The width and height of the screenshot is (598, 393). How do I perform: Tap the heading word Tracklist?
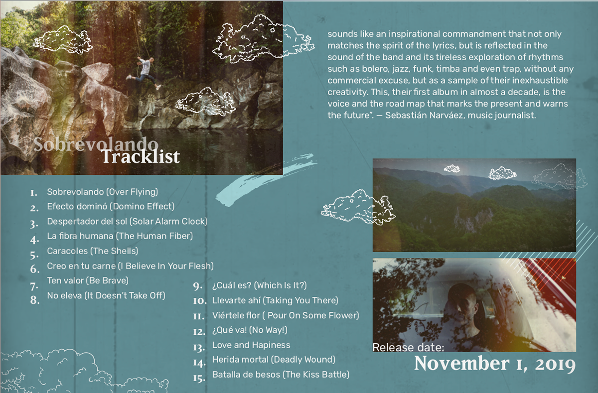(x=141, y=156)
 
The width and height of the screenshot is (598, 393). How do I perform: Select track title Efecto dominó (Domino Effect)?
(x=111, y=206)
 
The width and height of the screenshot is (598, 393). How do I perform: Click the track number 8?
(x=35, y=300)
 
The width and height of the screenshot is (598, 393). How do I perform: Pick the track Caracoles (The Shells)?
(x=93, y=251)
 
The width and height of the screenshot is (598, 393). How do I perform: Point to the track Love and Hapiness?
(x=251, y=345)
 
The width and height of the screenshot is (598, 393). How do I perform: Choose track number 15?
(x=199, y=379)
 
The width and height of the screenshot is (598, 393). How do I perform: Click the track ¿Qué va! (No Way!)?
(x=250, y=330)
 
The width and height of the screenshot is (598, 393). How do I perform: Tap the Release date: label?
(x=408, y=347)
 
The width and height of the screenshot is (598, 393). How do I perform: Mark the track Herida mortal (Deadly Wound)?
(x=274, y=360)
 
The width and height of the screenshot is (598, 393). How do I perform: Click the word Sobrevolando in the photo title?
(x=96, y=144)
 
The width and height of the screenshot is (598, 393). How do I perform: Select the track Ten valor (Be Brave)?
(x=88, y=280)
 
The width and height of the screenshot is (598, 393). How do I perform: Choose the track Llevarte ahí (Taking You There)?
(x=275, y=300)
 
